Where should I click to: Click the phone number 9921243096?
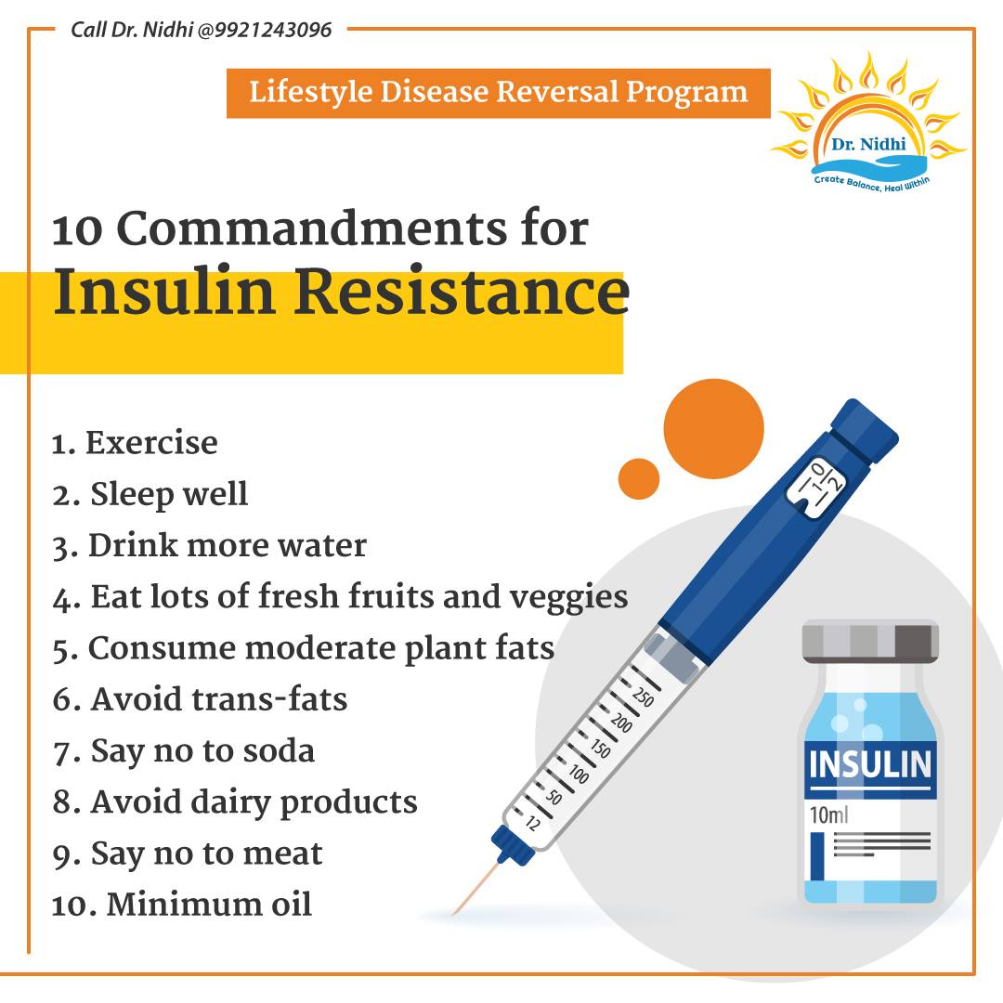pyautogui.click(x=273, y=30)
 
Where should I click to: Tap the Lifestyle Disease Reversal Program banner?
pyautogui.click(x=499, y=93)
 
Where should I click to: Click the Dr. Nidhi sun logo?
pyautogui.click(x=868, y=123)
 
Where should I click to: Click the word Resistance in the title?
pyautogui.click(x=462, y=291)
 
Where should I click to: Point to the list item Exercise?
pyautogui.click(x=135, y=443)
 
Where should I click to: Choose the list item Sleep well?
pyautogui.click(x=150, y=494)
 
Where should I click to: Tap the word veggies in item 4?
pyautogui.click(x=568, y=599)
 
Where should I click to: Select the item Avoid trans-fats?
pyautogui.click(x=200, y=699)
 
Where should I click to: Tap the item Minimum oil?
pyautogui.click(x=182, y=905)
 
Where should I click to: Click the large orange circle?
pyautogui.click(x=714, y=428)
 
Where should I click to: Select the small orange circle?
pyautogui.click(x=638, y=478)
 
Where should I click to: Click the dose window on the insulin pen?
pyautogui.click(x=817, y=486)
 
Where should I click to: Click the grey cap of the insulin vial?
pyautogui.click(x=870, y=641)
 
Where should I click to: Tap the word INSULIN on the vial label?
pyautogui.click(x=870, y=765)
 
